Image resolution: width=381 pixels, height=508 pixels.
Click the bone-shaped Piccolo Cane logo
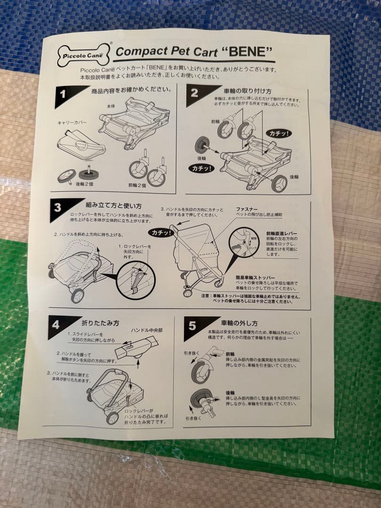point(83,55)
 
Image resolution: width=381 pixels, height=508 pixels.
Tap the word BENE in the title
point(247,51)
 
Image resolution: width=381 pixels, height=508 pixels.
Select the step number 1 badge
point(63,93)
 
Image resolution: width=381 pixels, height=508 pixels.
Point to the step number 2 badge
point(194,92)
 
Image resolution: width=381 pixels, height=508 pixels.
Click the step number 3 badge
point(57,207)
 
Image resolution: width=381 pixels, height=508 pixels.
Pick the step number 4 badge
point(56,325)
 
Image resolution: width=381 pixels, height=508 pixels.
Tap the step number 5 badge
point(192,325)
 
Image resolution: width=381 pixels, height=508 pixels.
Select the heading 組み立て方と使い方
point(113,206)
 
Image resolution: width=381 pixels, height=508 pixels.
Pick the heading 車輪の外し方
point(239,323)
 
